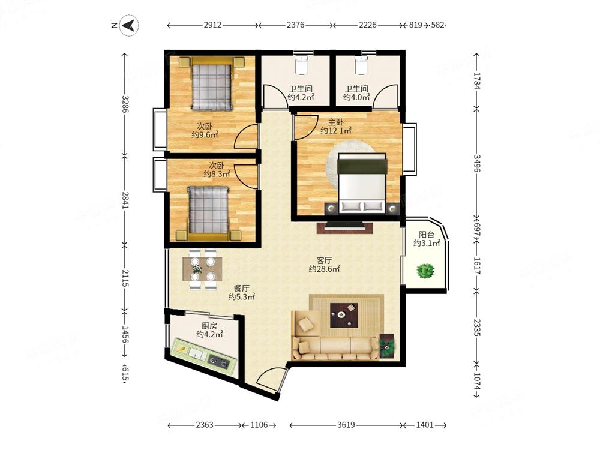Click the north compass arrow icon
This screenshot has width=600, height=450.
(x=130, y=25)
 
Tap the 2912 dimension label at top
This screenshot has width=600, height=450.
(x=212, y=25)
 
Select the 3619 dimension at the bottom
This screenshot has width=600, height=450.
(x=346, y=425)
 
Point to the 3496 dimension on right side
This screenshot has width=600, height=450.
(x=477, y=163)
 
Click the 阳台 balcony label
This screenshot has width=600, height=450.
(x=426, y=235)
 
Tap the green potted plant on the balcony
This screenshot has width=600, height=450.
(x=425, y=271)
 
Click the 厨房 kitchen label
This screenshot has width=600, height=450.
(x=209, y=326)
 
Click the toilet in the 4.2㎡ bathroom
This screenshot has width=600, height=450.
(x=302, y=65)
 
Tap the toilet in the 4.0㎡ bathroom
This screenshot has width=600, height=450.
(x=361, y=65)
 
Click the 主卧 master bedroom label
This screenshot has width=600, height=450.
(x=336, y=122)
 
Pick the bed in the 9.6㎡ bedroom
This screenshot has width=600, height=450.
(x=212, y=83)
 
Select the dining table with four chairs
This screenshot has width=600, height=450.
(x=202, y=269)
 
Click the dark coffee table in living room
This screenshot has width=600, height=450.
(x=344, y=315)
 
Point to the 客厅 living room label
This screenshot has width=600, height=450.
(x=324, y=260)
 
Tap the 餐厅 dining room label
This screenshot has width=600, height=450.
(x=241, y=288)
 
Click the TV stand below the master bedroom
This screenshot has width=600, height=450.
(x=345, y=227)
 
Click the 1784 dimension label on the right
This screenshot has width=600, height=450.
(x=477, y=81)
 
